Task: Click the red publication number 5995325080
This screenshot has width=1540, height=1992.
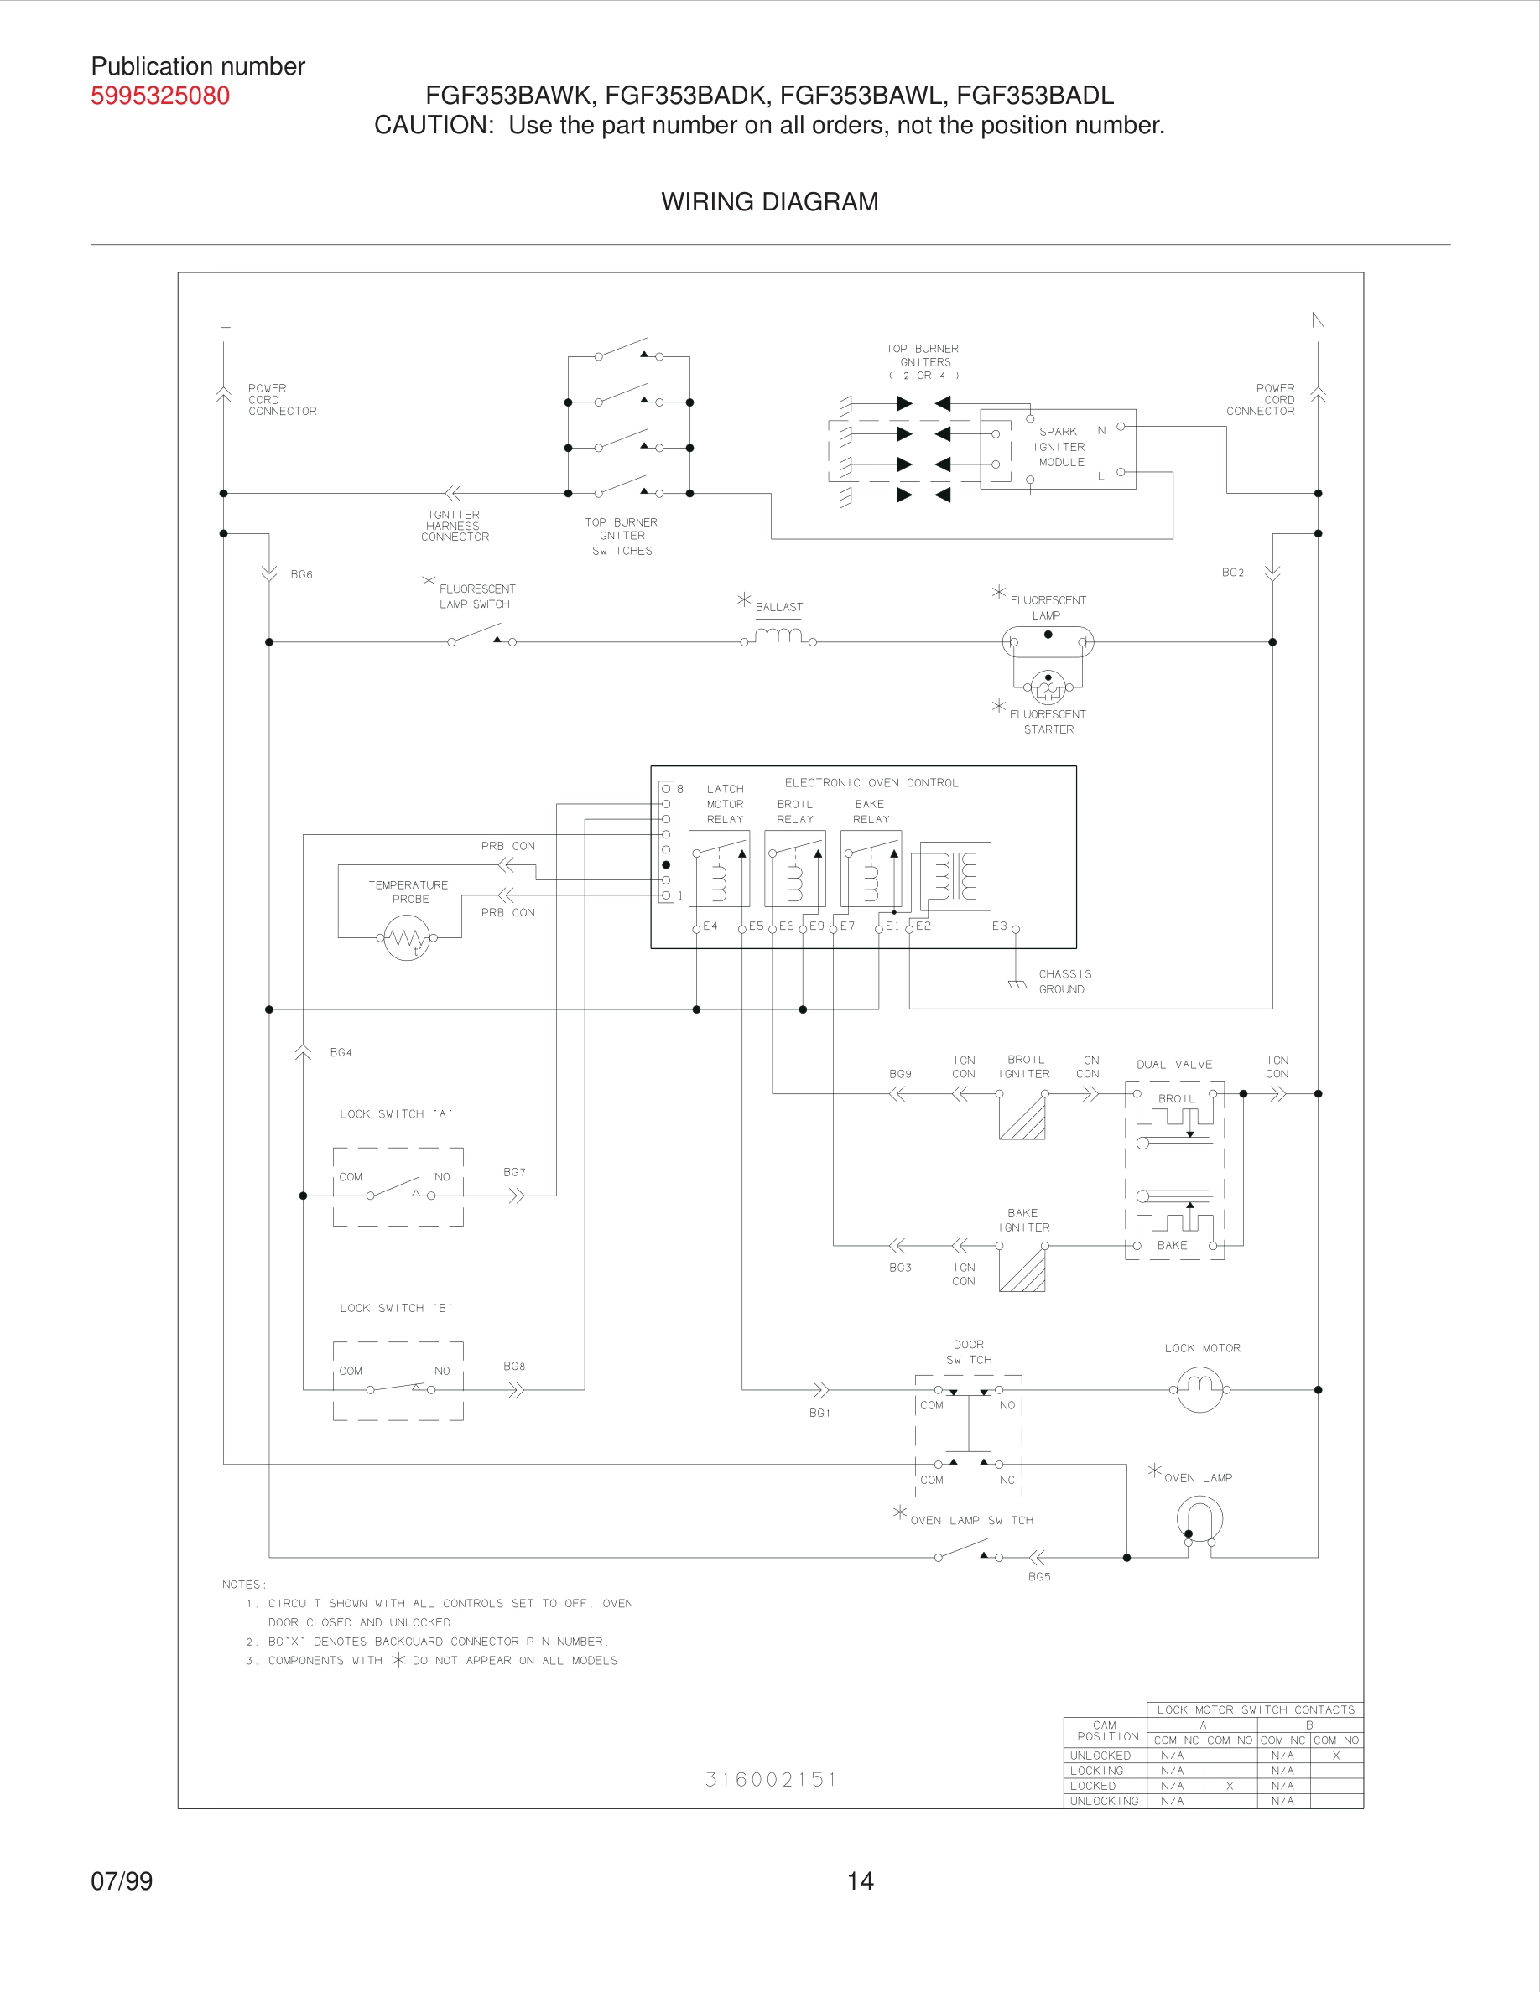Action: click(159, 96)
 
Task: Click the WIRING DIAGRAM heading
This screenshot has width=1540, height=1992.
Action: click(769, 201)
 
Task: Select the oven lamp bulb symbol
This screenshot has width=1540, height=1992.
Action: click(1199, 1519)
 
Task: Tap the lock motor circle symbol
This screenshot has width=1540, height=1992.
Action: click(1199, 1389)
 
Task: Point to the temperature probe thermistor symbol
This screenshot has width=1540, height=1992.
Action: click(407, 937)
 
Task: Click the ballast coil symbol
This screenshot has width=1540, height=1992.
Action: click(778, 635)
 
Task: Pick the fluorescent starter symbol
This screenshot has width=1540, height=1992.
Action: click(1048, 687)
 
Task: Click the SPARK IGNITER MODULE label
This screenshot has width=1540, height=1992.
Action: click(1061, 447)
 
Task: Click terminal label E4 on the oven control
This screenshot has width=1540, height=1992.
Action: click(710, 926)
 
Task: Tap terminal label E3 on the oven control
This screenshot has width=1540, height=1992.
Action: click(999, 926)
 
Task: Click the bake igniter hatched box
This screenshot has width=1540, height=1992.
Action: click(1022, 1268)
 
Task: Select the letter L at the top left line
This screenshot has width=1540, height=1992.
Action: click(225, 320)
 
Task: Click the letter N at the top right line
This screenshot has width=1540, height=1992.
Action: click(1318, 320)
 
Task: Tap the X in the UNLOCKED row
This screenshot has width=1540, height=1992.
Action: click(1335, 1755)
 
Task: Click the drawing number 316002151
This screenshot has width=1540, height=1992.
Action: click(771, 1780)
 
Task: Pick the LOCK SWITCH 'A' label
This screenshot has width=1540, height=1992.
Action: click(395, 1113)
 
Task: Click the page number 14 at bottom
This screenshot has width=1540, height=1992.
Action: click(860, 1880)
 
